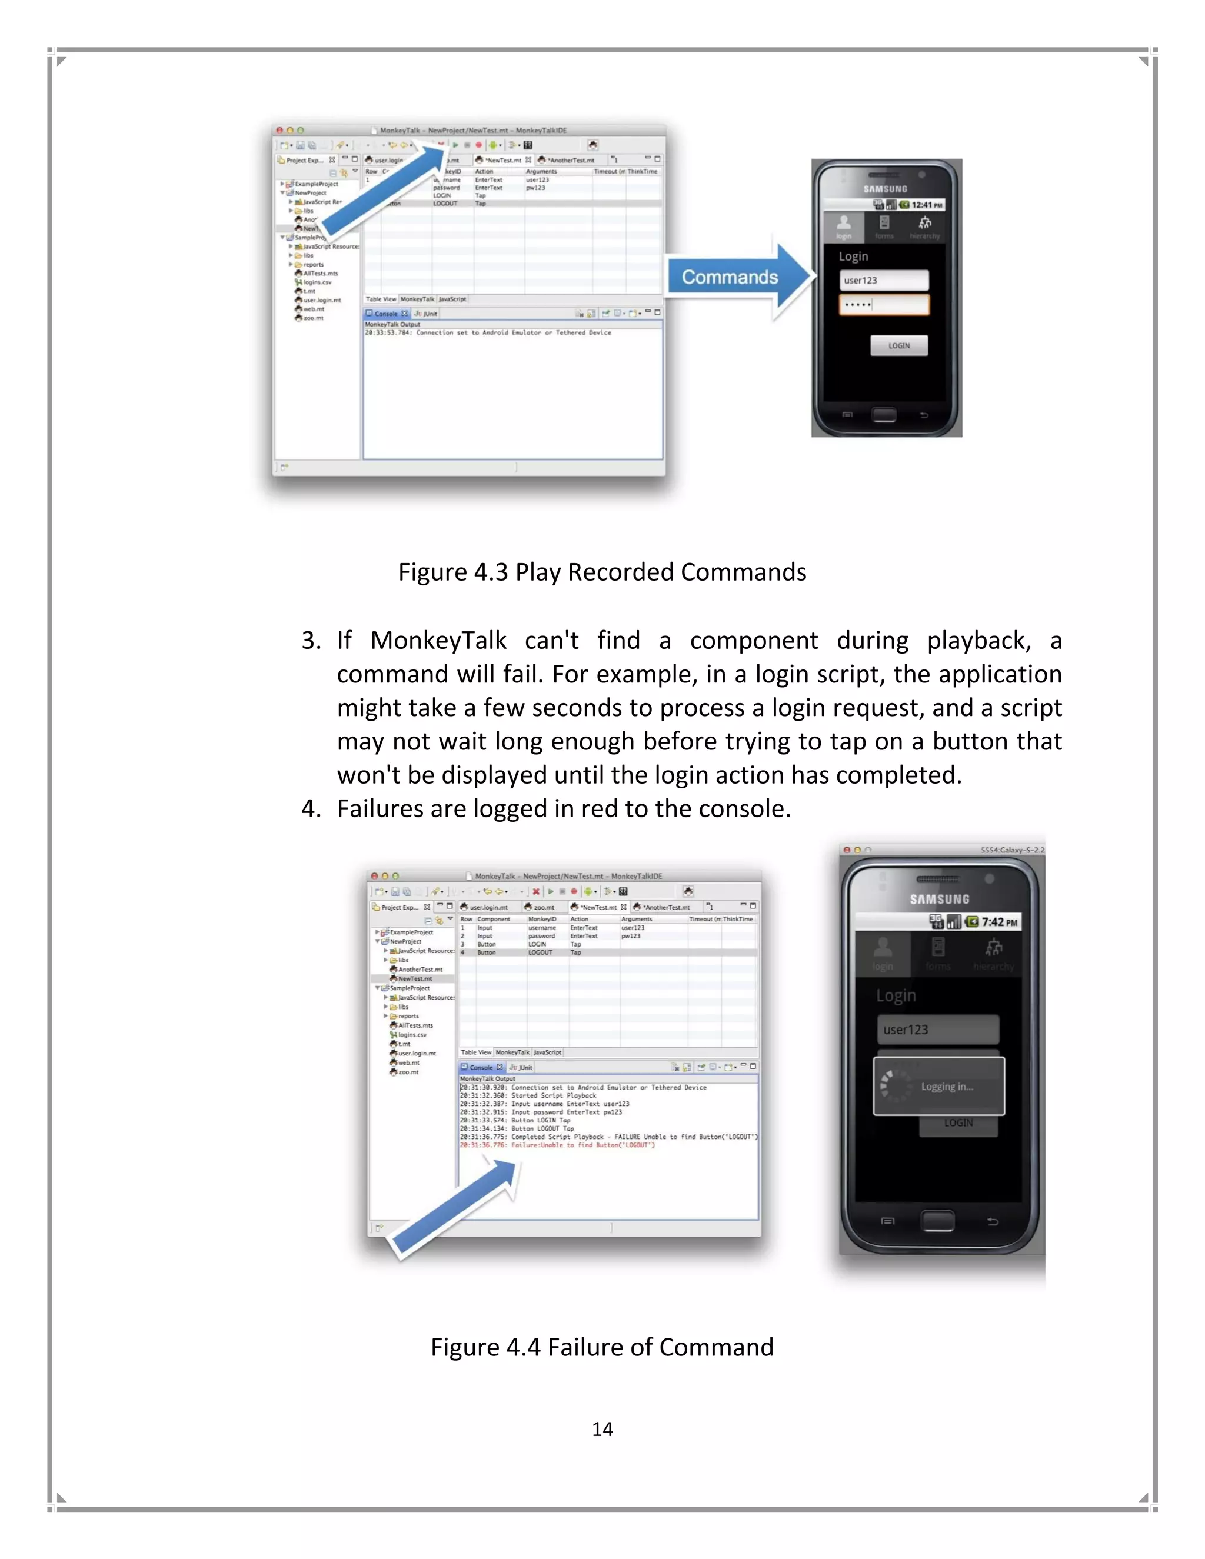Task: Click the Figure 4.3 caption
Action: [x=602, y=572]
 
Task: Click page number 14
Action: [x=602, y=1429]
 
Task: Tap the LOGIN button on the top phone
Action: [x=899, y=345]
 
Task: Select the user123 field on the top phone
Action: [x=884, y=281]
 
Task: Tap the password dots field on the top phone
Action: [x=884, y=305]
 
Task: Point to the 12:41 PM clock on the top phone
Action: [x=927, y=205]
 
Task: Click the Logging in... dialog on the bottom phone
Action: [x=938, y=1087]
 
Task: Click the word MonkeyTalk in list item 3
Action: [x=438, y=640]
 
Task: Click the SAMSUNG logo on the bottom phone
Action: [x=940, y=900]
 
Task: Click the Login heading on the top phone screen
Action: [x=853, y=256]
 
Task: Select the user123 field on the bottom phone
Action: [x=937, y=1030]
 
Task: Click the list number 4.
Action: [x=310, y=809]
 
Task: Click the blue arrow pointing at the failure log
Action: [x=457, y=1207]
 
